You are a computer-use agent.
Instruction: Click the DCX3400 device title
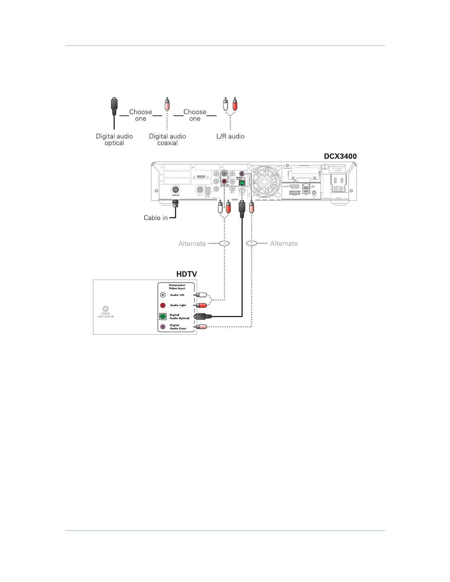(x=340, y=156)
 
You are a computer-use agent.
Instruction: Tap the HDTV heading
(x=186, y=274)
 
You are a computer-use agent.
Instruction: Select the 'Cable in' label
(x=156, y=218)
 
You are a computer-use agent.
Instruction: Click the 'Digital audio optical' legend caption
(x=114, y=140)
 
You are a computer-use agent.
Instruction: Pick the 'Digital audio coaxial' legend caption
(x=167, y=140)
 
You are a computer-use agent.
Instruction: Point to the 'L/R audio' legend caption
(x=230, y=136)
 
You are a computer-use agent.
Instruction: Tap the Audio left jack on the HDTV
(x=163, y=295)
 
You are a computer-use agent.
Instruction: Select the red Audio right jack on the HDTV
(x=163, y=305)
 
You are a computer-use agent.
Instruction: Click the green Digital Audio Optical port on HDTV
(x=163, y=316)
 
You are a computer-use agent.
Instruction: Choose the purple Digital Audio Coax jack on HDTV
(x=163, y=327)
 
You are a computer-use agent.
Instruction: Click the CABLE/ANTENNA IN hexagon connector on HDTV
(x=106, y=309)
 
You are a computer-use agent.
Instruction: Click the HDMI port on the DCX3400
(x=295, y=187)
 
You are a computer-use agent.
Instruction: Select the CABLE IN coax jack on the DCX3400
(x=176, y=190)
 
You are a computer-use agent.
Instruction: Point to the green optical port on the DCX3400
(x=242, y=183)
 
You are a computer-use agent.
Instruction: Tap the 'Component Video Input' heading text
(x=177, y=287)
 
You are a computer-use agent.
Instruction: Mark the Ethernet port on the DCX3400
(x=306, y=187)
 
